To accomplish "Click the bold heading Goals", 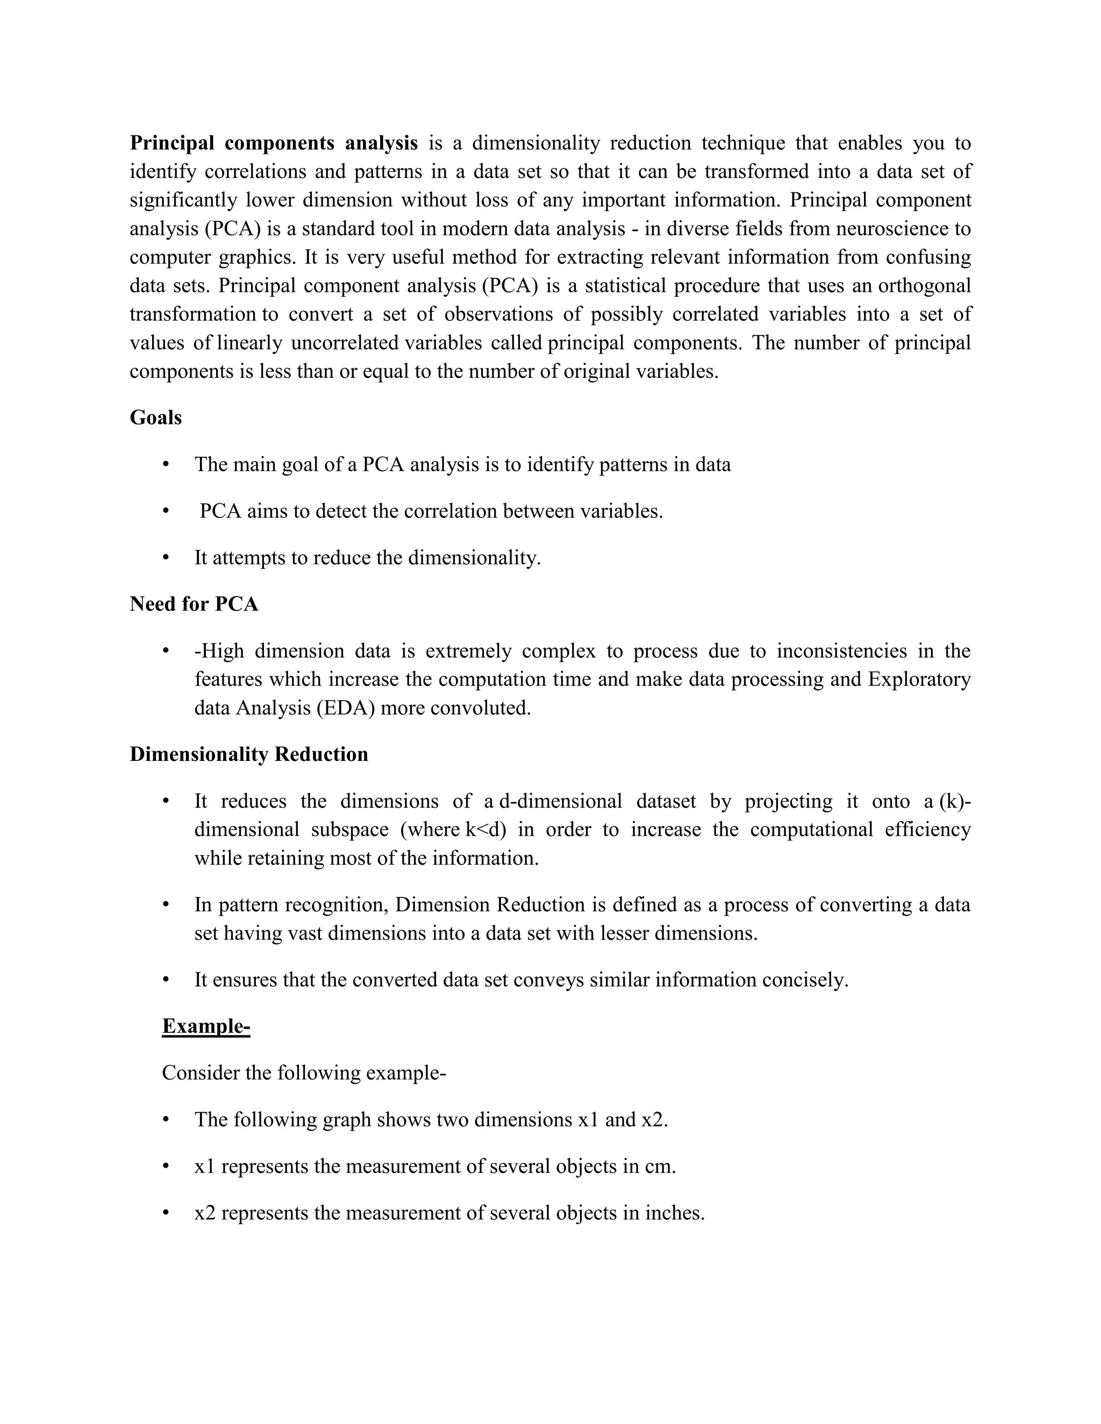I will [155, 418].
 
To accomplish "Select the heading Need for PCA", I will [194, 604].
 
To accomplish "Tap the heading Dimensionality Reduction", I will [248, 754].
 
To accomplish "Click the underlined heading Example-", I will [205, 1026].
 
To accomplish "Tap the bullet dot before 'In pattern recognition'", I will [166, 905].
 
